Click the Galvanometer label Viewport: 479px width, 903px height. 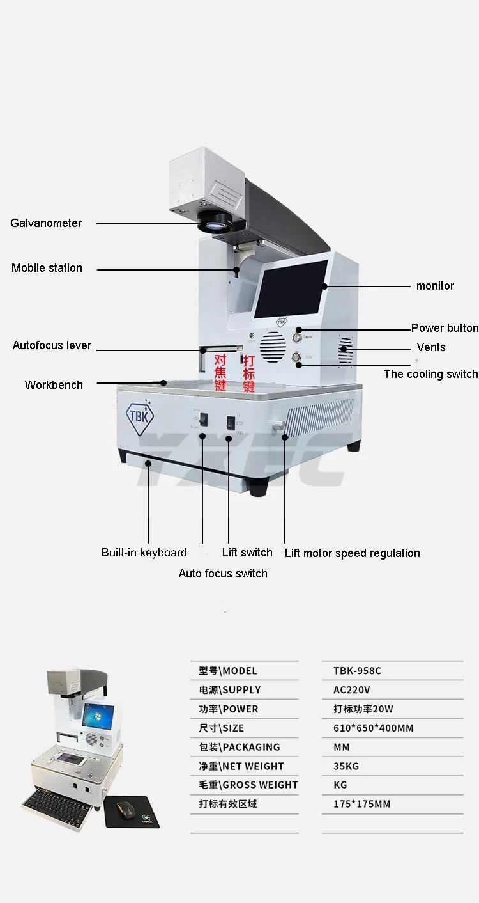click(46, 223)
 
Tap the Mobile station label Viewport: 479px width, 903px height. click(47, 268)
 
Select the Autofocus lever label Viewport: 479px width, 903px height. click(52, 345)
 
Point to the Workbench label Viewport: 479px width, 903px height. click(54, 385)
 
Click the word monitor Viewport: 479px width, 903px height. click(435, 286)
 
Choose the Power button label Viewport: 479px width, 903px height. click(445, 328)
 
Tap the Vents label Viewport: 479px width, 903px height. click(431, 347)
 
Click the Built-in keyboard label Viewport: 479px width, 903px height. click(144, 553)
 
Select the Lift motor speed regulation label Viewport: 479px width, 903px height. click(352, 553)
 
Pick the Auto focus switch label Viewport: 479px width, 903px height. click(223, 574)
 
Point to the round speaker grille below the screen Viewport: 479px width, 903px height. click(273, 348)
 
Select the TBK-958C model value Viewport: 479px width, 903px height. click(357, 671)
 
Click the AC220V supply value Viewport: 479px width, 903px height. click(351, 690)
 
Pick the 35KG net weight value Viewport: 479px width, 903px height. click(346, 766)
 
